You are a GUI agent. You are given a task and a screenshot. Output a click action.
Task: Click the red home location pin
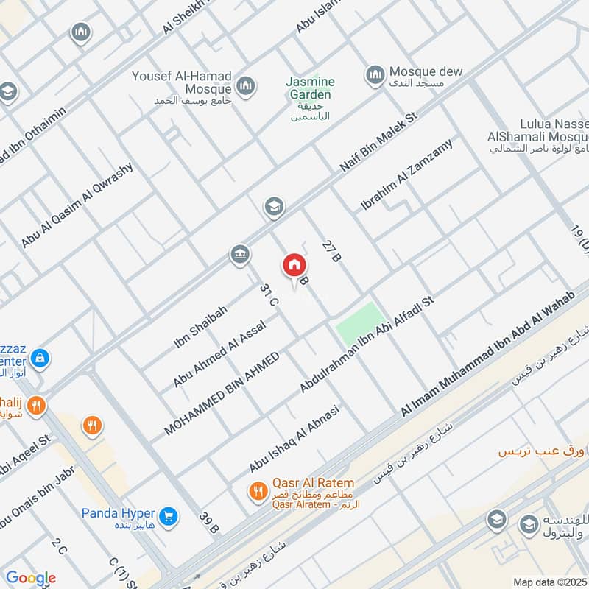(x=294, y=266)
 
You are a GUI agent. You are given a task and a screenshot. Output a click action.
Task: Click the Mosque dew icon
(x=375, y=74)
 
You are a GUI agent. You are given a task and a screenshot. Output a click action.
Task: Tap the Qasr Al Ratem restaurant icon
(x=257, y=490)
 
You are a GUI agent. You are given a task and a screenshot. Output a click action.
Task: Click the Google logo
(x=31, y=578)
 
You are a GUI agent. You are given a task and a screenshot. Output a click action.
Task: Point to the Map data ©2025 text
(x=549, y=582)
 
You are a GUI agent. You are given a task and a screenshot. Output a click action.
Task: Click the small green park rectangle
(x=360, y=325)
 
